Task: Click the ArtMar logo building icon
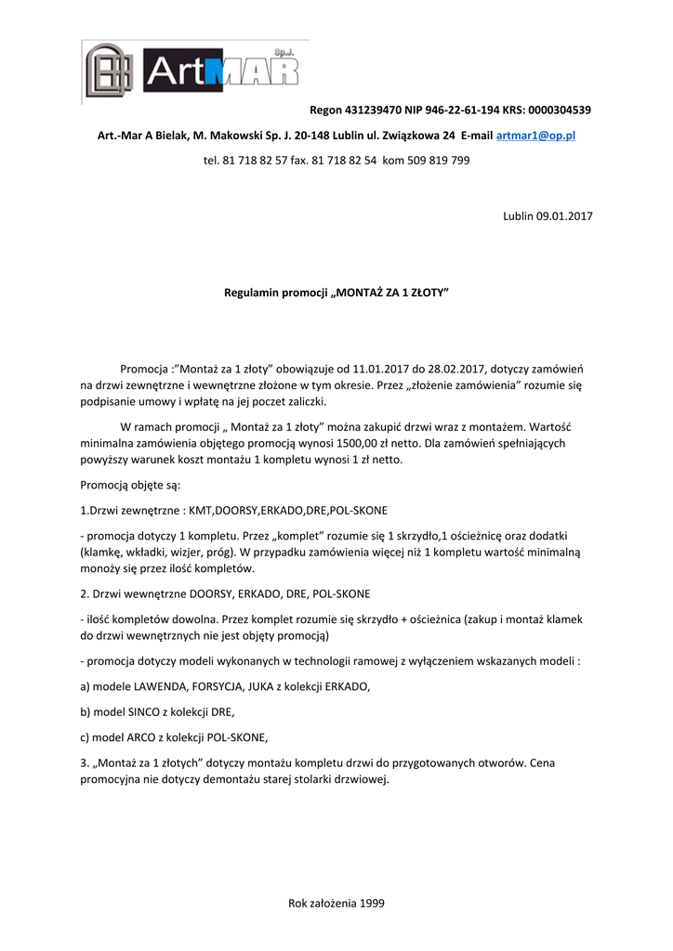[110, 71]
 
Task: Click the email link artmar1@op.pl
[536, 136]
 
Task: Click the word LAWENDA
[165, 686]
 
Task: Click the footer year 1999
[372, 902]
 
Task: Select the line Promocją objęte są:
[130, 485]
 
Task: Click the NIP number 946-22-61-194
[461, 110]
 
